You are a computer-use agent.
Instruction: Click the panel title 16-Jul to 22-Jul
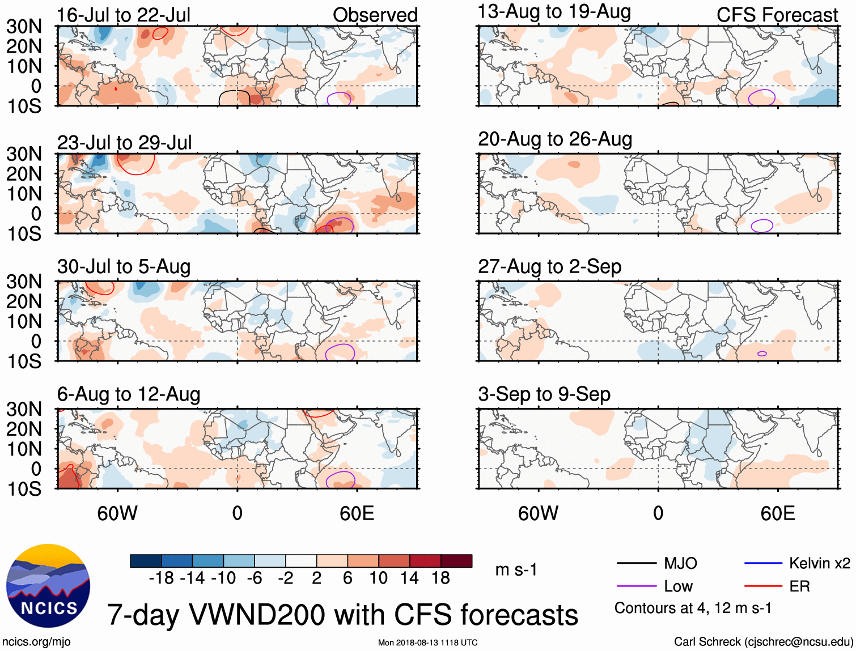point(124,15)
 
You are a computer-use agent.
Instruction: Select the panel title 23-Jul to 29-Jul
point(124,143)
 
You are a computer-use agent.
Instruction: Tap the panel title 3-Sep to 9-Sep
point(544,394)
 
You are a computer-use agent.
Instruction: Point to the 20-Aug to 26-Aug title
point(554,139)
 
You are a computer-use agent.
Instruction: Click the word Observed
point(375,15)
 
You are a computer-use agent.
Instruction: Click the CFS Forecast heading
point(777,15)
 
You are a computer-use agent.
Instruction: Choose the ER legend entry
point(799,586)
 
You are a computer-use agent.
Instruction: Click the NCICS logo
point(48,586)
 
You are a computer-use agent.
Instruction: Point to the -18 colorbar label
point(161,578)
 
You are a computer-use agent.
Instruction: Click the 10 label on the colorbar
point(378,578)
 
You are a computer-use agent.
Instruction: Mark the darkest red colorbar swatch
point(456,561)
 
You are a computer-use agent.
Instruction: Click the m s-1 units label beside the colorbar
point(516,569)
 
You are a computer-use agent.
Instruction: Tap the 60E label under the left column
point(357,513)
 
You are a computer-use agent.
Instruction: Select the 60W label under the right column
point(538,513)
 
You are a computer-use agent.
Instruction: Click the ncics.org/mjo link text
point(36,642)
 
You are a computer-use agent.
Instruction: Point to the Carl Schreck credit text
point(763,642)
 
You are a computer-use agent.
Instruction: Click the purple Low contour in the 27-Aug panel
point(762,354)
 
